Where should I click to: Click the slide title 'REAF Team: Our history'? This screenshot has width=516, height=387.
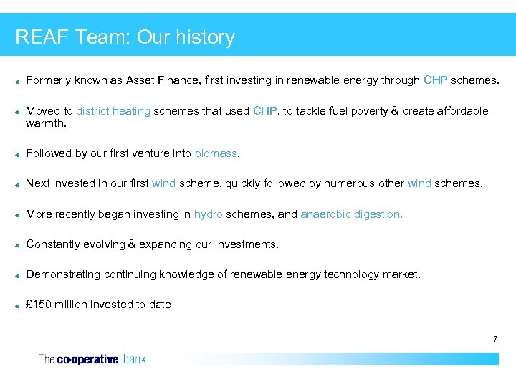click(x=125, y=37)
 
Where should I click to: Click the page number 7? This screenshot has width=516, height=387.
click(x=494, y=338)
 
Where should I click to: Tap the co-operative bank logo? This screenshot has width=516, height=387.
click(x=92, y=359)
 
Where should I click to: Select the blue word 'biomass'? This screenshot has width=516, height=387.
click(x=216, y=153)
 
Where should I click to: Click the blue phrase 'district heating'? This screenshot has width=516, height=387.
click(x=113, y=111)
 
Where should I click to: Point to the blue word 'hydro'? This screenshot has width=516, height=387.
click(x=208, y=214)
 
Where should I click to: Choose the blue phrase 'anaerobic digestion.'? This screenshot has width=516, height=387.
click(x=351, y=214)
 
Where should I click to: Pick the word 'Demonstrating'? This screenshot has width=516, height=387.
click(x=63, y=274)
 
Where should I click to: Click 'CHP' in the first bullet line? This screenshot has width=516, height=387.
click(x=436, y=80)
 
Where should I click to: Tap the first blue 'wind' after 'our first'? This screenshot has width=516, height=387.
click(x=163, y=183)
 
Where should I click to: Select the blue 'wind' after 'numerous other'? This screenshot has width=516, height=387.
click(x=419, y=183)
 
